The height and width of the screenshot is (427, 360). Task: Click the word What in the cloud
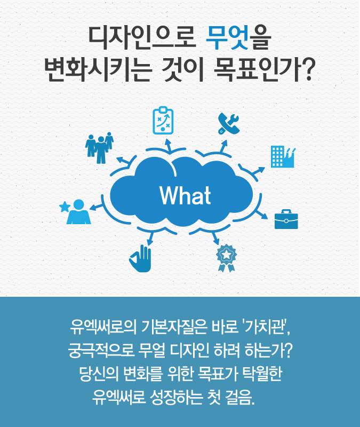pyautogui.click(x=185, y=195)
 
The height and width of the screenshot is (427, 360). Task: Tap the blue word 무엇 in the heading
pyautogui.click(x=227, y=38)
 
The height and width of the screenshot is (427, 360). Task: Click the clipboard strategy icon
pyautogui.click(x=163, y=121)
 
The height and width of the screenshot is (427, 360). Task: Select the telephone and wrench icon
pyautogui.click(x=229, y=124)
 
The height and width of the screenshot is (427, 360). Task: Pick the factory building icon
pyautogui.click(x=283, y=156)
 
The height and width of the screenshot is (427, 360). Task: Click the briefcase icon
pyautogui.click(x=286, y=219)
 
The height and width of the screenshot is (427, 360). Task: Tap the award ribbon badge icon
pyautogui.click(x=226, y=258)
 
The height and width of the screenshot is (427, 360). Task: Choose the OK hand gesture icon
pyautogui.click(x=140, y=258)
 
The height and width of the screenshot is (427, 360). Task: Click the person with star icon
pyautogui.click(x=75, y=212)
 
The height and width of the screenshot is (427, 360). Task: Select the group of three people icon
pyautogui.click(x=100, y=148)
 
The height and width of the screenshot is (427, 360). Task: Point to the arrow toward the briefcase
pyautogui.click(x=262, y=215)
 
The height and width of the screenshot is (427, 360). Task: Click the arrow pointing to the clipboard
pyautogui.click(x=169, y=145)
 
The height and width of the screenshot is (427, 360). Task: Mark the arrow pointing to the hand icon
pyautogui.click(x=150, y=239)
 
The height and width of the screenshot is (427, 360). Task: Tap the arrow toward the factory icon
pyautogui.click(x=259, y=171)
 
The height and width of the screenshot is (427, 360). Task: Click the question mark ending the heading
pyautogui.click(x=309, y=70)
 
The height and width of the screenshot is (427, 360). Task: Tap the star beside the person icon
pyautogui.click(x=65, y=207)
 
